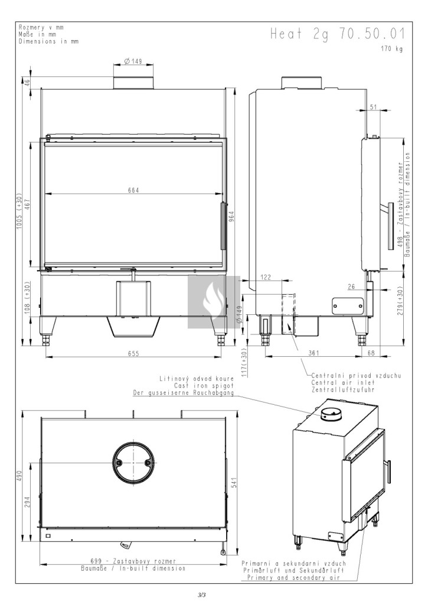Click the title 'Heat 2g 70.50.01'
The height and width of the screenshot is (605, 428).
[337, 34]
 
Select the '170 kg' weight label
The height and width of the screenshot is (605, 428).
[392, 49]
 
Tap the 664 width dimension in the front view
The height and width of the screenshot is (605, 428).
[133, 190]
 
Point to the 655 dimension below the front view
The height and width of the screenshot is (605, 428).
[133, 353]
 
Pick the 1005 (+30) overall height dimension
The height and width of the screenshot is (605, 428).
[19, 211]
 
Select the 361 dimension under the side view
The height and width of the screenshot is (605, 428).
[314, 353]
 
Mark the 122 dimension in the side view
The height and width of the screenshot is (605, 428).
[266, 277]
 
